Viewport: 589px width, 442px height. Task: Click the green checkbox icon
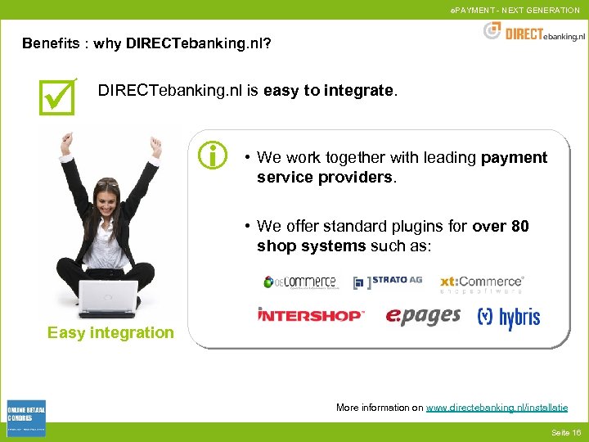click(57, 96)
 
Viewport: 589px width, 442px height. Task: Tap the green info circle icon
click(213, 154)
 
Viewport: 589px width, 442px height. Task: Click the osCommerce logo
click(299, 282)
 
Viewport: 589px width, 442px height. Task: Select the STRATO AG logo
click(388, 282)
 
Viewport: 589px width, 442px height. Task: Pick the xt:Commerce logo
click(481, 283)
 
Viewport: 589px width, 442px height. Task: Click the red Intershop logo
click(311, 315)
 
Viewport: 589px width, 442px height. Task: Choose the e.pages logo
click(423, 316)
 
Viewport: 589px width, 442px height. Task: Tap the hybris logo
click(509, 317)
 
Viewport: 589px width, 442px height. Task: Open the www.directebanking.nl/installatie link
click(497, 408)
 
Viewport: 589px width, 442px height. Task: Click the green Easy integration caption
click(110, 332)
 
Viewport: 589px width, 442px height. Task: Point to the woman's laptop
click(108, 300)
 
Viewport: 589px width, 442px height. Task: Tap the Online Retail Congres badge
click(25, 418)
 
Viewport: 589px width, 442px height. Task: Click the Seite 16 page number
click(565, 432)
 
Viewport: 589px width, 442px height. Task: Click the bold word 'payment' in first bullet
click(515, 157)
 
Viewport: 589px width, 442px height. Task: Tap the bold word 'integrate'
click(358, 91)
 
